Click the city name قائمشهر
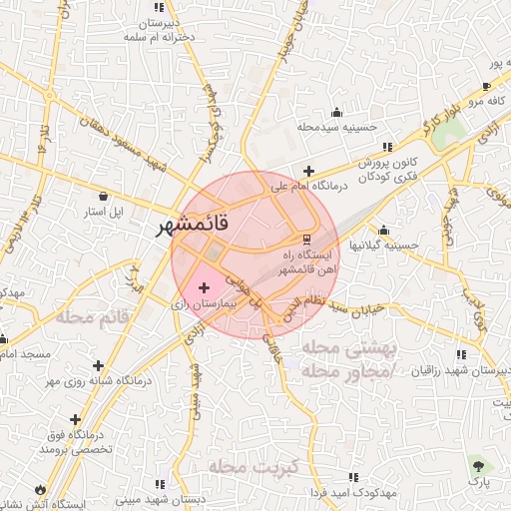tap(194, 226)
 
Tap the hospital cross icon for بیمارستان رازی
tap(205, 287)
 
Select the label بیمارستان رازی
tap(205, 302)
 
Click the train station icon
tap(305, 239)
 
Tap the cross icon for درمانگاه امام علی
tap(308, 171)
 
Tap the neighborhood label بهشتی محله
tap(348, 347)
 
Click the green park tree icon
tap(481, 465)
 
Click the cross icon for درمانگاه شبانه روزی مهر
tap(97, 365)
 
